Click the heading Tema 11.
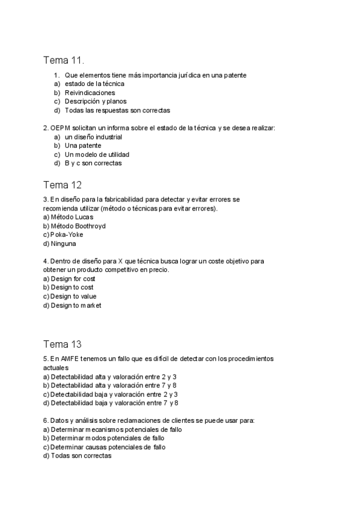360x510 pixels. [x=64, y=60]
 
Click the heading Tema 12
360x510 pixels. [x=63, y=185]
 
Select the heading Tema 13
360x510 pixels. [x=63, y=344]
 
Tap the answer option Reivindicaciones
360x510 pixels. [x=90, y=93]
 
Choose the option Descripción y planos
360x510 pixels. [x=96, y=102]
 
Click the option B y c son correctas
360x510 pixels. [x=93, y=163]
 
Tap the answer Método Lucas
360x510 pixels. [x=72, y=217]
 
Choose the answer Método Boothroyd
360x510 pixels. [x=78, y=226]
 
